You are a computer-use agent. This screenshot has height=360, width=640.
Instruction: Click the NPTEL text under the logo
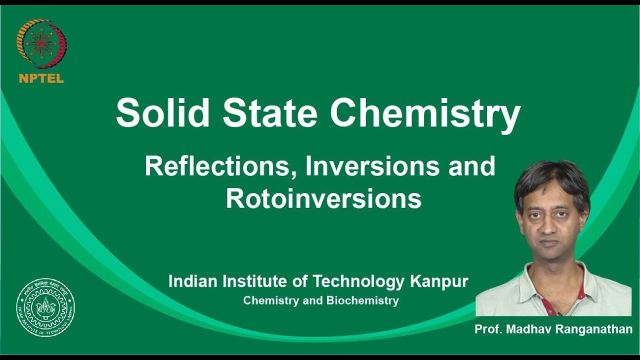pyautogui.click(x=41, y=78)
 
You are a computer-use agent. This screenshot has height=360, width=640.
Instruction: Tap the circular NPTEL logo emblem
pyautogui.click(x=41, y=44)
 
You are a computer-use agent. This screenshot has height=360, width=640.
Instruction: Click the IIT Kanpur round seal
pyautogui.click(x=45, y=307)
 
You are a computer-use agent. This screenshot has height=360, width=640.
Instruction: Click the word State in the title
pyautogui.click(x=270, y=113)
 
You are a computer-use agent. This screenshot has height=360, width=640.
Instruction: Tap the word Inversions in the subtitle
pyautogui.click(x=372, y=167)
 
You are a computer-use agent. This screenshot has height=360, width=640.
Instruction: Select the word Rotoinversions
pyautogui.click(x=323, y=198)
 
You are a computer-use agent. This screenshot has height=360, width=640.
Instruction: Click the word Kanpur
pyautogui.click(x=439, y=281)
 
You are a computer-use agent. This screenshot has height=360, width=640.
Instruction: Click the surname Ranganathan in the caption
pyautogui.click(x=593, y=329)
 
